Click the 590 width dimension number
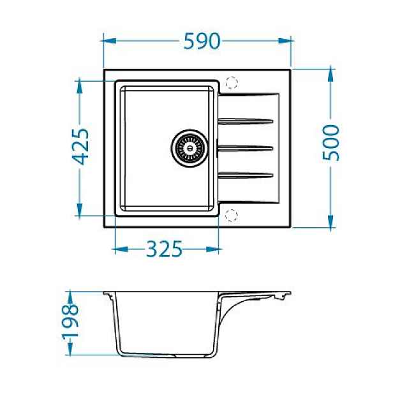[x=202, y=41]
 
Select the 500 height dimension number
[x=331, y=143]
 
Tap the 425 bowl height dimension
[x=80, y=147]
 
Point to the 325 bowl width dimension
[x=164, y=249]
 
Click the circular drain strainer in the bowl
[x=189, y=147]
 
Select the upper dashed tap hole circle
[x=231, y=83]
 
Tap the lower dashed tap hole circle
[x=231, y=215]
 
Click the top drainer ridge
[x=246, y=121]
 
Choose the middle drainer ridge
[x=245, y=149]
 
